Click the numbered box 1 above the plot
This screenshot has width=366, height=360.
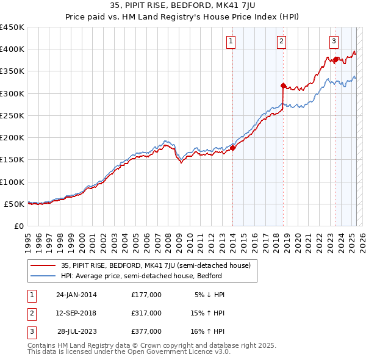232,41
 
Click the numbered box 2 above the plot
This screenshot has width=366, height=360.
281,41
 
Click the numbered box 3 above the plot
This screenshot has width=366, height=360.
334,41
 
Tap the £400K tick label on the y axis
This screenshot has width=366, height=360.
12,49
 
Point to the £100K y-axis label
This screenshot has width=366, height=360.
12,182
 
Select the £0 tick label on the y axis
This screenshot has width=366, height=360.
19,226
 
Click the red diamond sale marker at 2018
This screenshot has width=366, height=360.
283,86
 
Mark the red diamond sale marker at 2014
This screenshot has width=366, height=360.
233,148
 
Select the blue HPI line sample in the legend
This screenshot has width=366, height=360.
43,276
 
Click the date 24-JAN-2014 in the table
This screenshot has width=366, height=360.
76,295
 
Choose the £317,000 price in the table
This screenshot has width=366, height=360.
146,313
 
